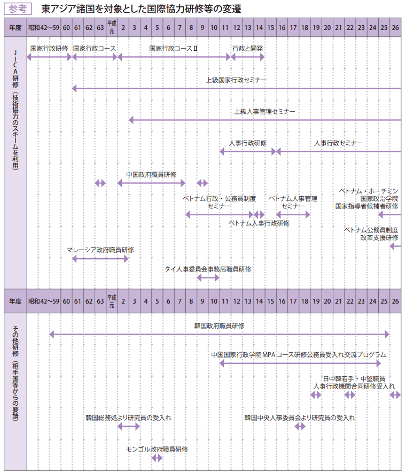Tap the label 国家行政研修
pos(49,48)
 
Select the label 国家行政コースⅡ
pos(174,48)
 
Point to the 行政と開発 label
pos(247,48)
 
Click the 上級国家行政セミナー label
pos(236,80)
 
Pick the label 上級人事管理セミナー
pos(264,112)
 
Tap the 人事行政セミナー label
pos(338,143)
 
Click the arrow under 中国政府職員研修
pos(151,183)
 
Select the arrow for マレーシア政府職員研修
pos(100,259)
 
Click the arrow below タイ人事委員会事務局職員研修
pos(208,277)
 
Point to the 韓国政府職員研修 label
pos(220,325)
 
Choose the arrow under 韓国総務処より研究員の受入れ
pos(128,426)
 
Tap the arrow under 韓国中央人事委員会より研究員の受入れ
pos(300,426)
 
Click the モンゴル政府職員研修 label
pos(157,449)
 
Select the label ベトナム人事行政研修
pos(259,223)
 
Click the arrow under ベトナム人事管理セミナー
pos(293,214)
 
